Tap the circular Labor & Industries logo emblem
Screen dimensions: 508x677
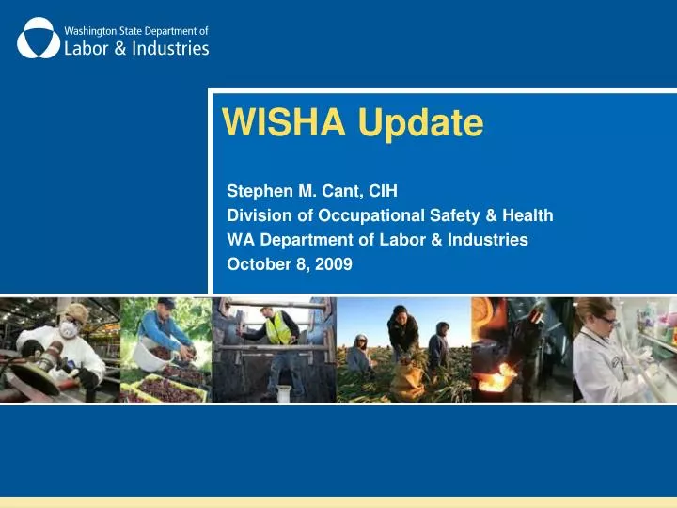(38, 38)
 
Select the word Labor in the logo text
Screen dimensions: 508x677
(87, 48)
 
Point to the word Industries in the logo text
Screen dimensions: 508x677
(168, 48)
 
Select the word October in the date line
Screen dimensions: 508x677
(257, 264)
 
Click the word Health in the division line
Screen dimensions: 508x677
(527, 215)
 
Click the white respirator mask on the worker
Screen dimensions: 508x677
(68, 330)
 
